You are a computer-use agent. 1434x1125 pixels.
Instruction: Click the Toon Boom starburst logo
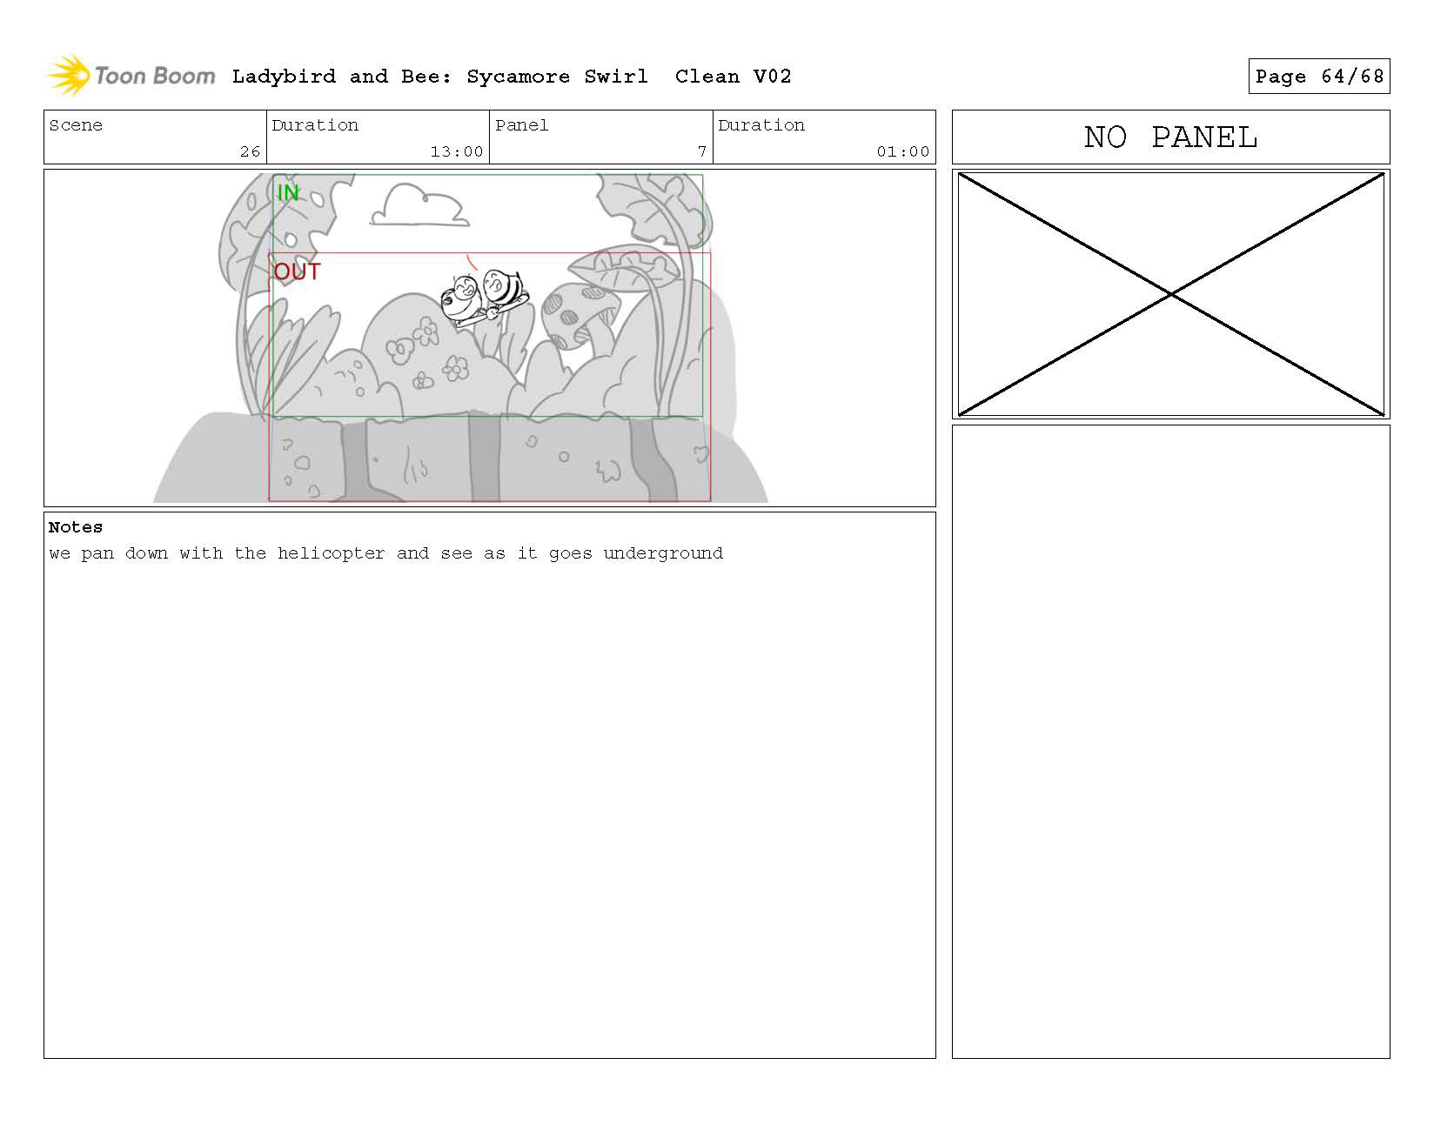(x=69, y=75)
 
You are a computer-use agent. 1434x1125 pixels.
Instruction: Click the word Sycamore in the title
(x=518, y=77)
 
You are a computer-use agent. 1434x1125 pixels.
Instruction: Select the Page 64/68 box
(x=1318, y=77)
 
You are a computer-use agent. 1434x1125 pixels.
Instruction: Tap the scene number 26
(x=250, y=151)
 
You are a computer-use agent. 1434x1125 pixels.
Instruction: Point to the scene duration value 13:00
(x=457, y=151)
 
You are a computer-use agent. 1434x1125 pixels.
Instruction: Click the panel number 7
(x=702, y=151)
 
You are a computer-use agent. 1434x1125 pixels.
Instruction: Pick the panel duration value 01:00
(x=902, y=151)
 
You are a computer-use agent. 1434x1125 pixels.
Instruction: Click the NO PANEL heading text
(x=1170, y=137)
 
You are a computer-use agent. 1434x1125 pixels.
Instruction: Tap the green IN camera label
(x=288, y=192)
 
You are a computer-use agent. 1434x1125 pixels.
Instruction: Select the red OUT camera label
(x=297, y=271)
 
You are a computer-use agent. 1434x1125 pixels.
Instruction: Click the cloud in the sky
(x=419, y=205)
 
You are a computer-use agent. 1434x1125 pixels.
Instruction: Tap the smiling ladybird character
(x=463, y=300)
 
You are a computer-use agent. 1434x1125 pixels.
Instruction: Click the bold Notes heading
(x=75, y=527)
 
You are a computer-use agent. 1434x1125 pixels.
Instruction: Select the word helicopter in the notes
(x=331, y=553)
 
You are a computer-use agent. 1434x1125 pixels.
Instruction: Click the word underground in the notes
(x=663, y=553)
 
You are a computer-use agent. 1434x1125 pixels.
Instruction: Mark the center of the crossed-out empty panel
(x=1170, y=294)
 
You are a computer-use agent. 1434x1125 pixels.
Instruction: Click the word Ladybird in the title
(x=284, y=77)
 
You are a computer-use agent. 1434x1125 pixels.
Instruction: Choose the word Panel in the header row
(x=521, y=124)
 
